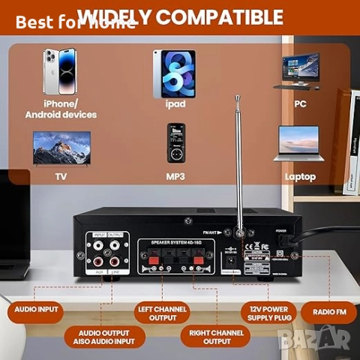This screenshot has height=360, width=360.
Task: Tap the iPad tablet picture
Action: tap(174, 73)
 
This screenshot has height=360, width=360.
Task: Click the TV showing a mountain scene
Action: tap(61, 148)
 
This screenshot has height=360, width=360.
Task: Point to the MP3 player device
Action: tap(175, 143)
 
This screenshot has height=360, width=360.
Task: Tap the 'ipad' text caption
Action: tap(175, 104)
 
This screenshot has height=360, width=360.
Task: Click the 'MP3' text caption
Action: tap(175, 177)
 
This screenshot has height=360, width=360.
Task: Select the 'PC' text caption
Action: tap(301, 103)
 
